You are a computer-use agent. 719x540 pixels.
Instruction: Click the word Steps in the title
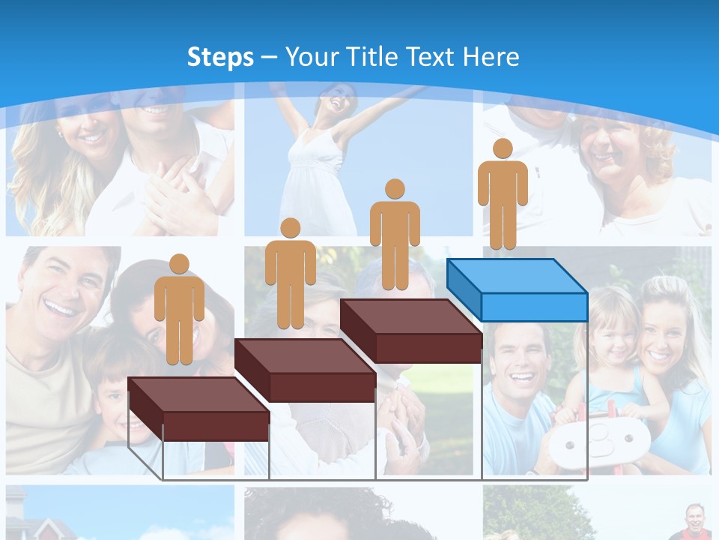point(220,57)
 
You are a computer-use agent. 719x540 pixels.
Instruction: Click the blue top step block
point(517,289)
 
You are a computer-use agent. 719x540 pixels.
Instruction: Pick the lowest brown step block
point(198,409)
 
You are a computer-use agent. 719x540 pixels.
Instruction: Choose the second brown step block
point(305,370)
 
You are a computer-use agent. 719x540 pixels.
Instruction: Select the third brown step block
point(410,331)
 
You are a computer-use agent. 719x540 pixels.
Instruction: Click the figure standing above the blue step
point(503,194)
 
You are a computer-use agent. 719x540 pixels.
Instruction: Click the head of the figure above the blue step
point(503,148)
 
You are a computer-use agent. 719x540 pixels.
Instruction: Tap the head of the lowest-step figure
point(179,264)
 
